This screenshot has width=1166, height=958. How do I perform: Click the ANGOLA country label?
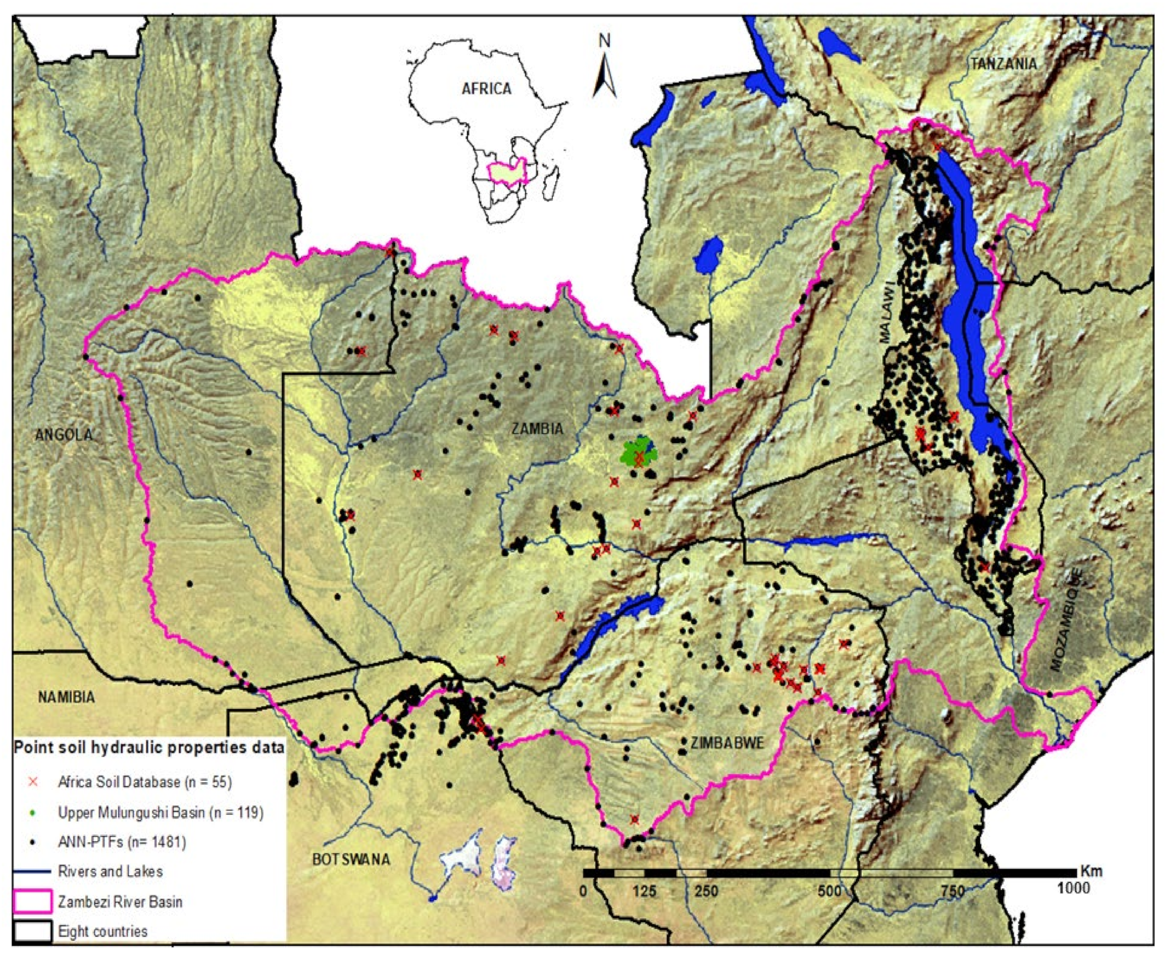(x=64, y=434)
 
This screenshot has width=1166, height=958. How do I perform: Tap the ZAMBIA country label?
(x=537, y=428)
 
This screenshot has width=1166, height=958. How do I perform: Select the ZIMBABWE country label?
(x=728, y=743)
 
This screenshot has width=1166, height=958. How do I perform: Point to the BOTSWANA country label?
(x=351, y=859)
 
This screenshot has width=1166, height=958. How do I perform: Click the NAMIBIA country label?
(x=66, y=697)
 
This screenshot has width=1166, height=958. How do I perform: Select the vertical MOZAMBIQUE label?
(x=1066, y=620)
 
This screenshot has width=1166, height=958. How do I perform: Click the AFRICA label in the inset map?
(x=486, y=88)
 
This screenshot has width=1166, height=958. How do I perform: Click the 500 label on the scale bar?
(x=829, y=890)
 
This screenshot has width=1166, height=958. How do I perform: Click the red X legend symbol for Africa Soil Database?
(x=33, y=781)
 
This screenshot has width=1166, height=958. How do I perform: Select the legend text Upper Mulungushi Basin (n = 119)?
(x=161, y=812)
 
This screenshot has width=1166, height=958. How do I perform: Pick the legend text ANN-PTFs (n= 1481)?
(x=122, y=842)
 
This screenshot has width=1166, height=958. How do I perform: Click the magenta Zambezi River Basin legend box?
(x=32, y=902)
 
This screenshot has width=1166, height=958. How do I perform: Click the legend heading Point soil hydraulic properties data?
(x=149, y=747)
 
